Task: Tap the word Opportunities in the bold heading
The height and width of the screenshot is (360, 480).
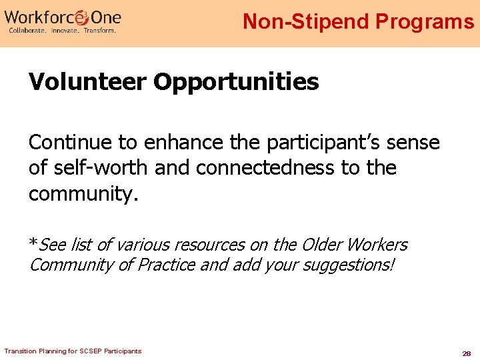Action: [237, 83]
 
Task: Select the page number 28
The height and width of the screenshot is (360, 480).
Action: [467, 353]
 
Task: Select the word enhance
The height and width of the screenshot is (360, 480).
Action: [175, 143]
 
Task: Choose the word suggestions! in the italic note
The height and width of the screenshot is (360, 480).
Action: [348, 265]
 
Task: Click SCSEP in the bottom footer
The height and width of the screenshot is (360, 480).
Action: [88, 351]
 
